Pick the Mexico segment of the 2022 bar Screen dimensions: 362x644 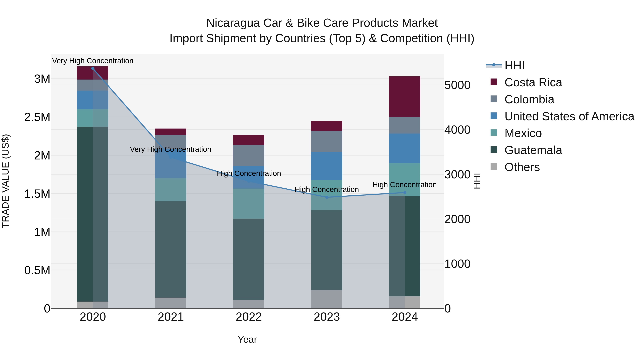point(249,203)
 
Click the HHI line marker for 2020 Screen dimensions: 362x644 point(93,68)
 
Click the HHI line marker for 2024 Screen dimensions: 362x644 point(405,192)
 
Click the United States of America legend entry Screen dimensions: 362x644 point(569,116)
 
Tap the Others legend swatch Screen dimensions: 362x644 point(494,167)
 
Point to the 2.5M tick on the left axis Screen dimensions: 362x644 point(37,117)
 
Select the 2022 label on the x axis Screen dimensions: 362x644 point(249,317)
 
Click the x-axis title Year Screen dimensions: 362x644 point(247,339)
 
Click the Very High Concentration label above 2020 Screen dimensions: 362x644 point(93,61)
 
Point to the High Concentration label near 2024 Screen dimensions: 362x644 point(404,185)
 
